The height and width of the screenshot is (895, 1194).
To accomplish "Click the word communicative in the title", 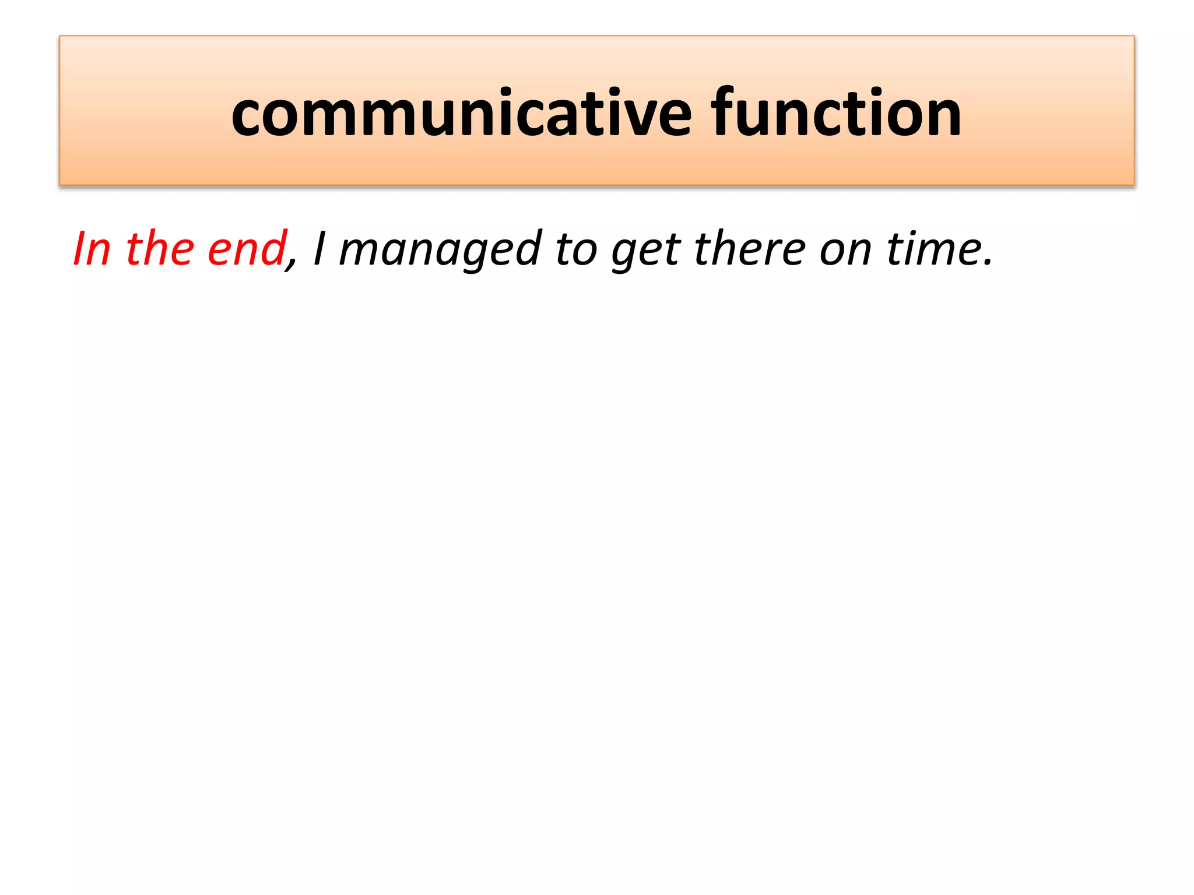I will point(461,113).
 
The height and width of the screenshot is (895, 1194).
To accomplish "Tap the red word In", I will point(92,249).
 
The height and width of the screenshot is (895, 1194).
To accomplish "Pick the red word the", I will point(160,249).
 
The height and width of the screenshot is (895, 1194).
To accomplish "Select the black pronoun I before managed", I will point(319,249).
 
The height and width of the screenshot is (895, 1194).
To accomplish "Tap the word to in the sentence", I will point(576,249).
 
